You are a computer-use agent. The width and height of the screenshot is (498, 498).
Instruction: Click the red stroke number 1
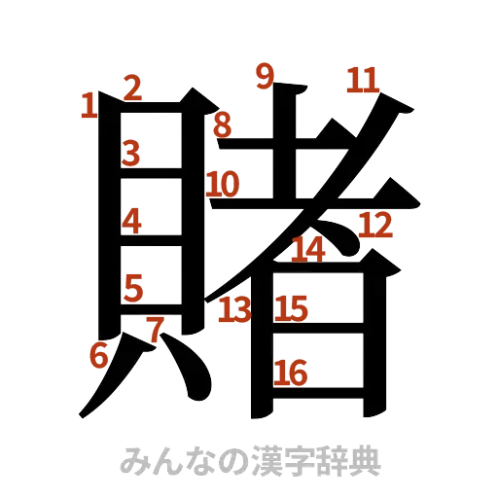(89, 105)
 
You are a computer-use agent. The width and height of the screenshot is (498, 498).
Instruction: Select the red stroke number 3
(131, 153)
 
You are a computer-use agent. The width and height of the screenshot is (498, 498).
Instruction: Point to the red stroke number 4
(132, 222)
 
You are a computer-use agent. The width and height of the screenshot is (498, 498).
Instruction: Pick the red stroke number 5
(133, 287)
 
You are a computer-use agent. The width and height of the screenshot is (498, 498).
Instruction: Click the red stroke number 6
(97, 356)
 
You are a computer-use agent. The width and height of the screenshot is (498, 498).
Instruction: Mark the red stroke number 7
(154, 329)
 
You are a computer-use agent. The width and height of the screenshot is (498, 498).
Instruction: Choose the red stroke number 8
(223, 124)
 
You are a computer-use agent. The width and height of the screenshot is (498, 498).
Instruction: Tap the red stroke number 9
(263, 75)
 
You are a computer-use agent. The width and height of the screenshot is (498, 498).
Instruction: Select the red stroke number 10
(223, 183)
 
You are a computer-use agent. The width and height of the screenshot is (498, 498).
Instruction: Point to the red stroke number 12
(374, 226)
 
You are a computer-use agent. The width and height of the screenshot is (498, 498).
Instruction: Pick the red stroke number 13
(234, 311)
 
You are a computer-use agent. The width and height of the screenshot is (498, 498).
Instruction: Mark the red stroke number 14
(308, 249)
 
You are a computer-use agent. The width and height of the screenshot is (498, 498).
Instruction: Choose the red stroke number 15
(291, 309)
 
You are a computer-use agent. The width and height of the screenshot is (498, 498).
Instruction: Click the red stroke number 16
(291, 372)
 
